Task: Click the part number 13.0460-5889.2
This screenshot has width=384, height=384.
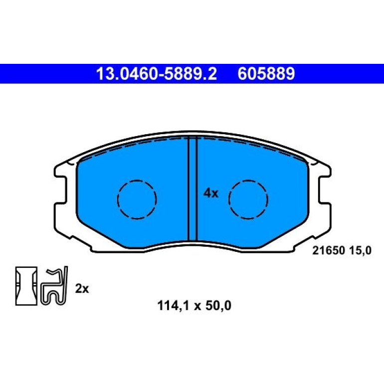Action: [157, 74]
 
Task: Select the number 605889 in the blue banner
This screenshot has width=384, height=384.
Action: [266, 74]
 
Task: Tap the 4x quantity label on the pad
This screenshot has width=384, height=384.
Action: [210, 193]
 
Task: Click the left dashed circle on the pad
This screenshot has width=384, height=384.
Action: [137, 199]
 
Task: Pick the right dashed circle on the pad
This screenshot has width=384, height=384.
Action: [248, 199]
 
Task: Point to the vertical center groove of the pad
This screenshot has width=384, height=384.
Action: [192, 189]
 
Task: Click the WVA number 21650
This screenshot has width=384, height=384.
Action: [329, 250]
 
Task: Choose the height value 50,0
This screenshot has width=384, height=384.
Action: [218, 306]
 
